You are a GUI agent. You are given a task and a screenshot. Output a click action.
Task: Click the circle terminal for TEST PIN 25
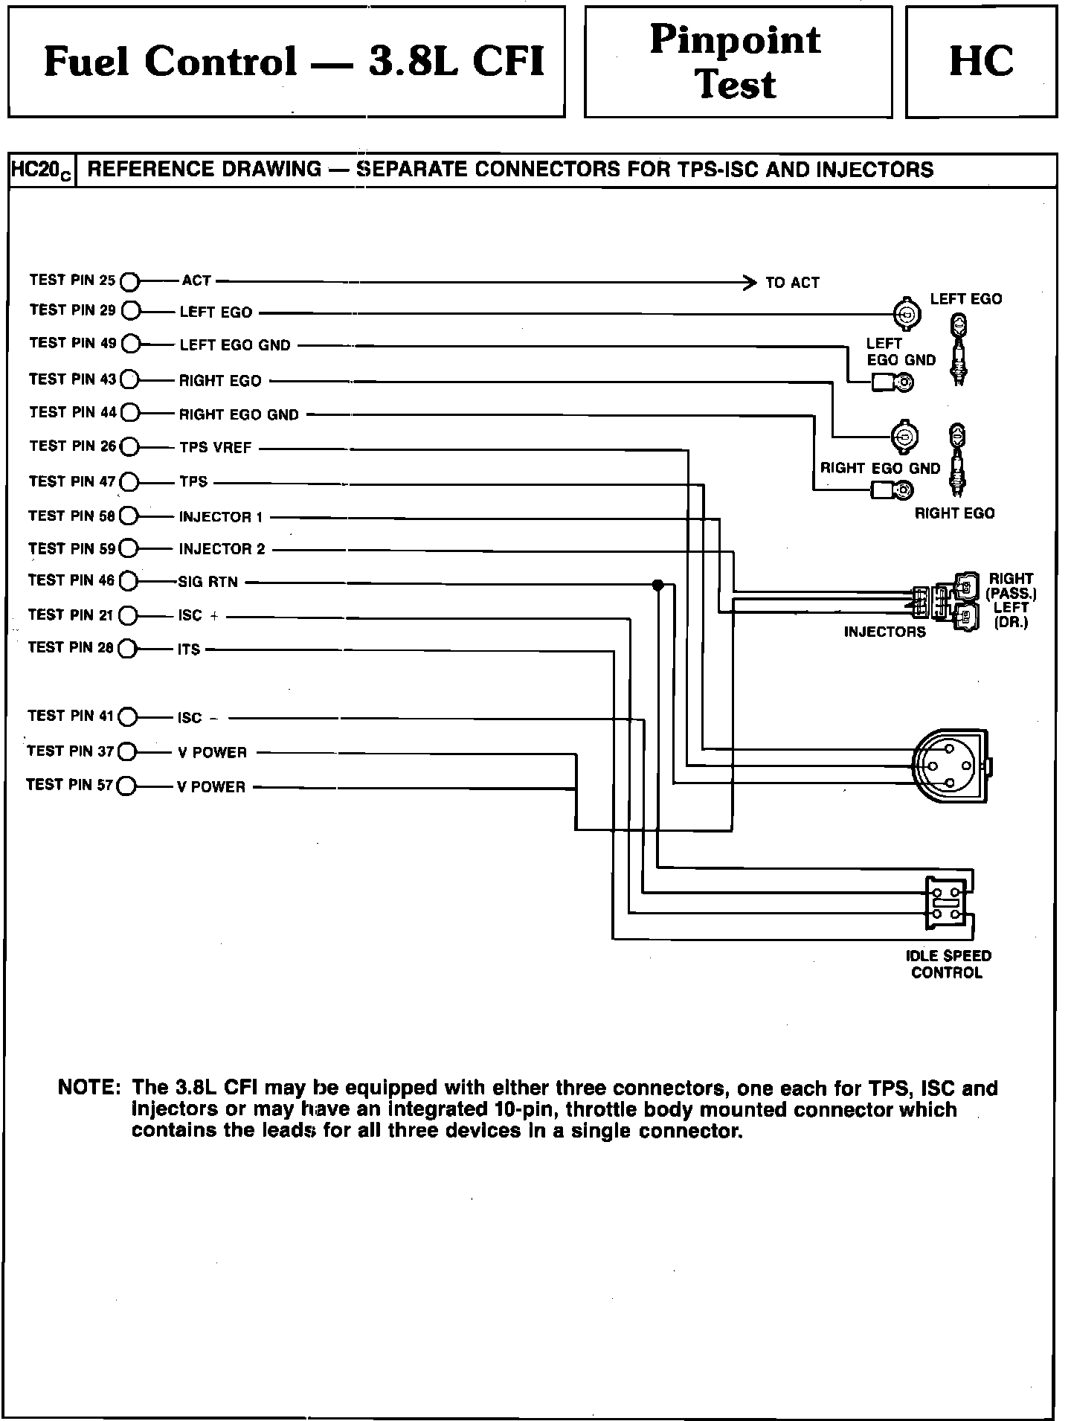[x=129, y=281]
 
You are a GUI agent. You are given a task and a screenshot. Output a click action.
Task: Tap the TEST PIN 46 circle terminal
[x=129, y=581]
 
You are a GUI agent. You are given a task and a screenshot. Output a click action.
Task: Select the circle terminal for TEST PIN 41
[x=128, y=717]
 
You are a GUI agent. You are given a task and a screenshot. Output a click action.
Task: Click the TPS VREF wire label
[x=215, y=448]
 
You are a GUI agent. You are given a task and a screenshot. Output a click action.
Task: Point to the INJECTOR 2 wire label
[x=222, y=550]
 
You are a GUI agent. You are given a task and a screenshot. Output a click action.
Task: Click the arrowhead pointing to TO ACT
[x=750, y=282]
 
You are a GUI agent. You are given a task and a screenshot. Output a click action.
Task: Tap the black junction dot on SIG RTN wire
[x=657, y=585]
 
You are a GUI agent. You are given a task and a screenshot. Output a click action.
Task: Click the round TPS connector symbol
[x=948, y=766]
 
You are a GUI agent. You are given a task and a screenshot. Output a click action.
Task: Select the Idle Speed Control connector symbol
[x=948, y=902]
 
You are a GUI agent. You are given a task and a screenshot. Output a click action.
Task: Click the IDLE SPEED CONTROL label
[x=948, y=964]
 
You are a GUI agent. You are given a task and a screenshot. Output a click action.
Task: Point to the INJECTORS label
[x=884, y=632]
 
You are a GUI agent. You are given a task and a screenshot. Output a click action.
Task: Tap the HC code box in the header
[x=980, y=62]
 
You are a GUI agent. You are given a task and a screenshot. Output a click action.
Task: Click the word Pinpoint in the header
[x=736, y=39]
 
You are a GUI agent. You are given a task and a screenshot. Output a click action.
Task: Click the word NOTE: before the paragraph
[x=89, y=1088]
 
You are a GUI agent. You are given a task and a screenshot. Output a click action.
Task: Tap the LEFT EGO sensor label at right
[x=965, y=299]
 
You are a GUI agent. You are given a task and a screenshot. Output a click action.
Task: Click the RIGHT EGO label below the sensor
[x=954, y=513]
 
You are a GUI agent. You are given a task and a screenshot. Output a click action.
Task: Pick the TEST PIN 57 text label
[x=69, y=785]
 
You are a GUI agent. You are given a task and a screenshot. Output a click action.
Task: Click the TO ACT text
[x=792, y=283]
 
